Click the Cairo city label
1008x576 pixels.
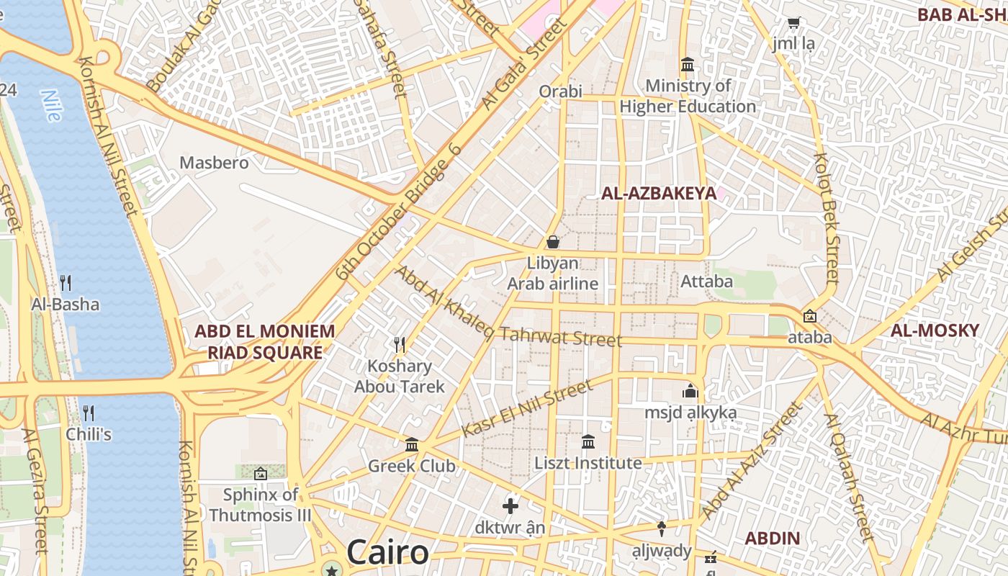[x=387, y=552]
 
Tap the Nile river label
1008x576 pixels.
[x=50, y=104]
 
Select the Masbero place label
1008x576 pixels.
[x=214, y=163]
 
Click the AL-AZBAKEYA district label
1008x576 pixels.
[x=659, y=193]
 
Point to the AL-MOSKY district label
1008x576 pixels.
[x=935, y=330]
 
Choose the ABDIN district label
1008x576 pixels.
[x=772, y=538]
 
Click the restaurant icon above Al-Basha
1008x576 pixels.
[x=66, y=282]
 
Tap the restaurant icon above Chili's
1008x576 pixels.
[x=89, y=413]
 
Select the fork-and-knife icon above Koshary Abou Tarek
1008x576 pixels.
[x=400, y=345]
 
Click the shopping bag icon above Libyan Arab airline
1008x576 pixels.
[x=553, y=242]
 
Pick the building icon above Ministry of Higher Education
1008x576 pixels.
[x=688, y=65]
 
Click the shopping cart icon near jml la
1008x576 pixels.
[x=793, y=23]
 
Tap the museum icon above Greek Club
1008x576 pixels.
[x=412, y=444]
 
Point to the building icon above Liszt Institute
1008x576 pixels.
[x=588, y=441]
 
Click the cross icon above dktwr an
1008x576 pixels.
[x=510, y=506]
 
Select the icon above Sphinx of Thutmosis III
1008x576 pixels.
[x=261, y=474]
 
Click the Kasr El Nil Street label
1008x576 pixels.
[x=527, y=408]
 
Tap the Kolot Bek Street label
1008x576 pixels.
[x=827, y=216]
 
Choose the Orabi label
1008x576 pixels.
[x=560, y=91]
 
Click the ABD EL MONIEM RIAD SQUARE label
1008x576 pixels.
[x=265, y=342]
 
